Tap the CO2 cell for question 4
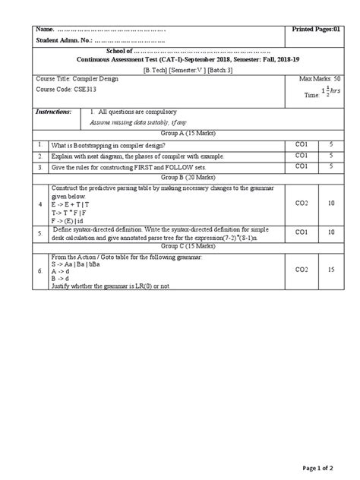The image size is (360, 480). (301, 204)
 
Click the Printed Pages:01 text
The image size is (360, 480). (317, 28)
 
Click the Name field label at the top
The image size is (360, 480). (46, 28)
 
